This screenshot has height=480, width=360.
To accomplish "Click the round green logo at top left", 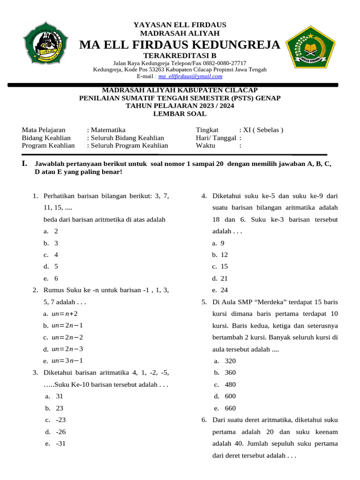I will (45, 43).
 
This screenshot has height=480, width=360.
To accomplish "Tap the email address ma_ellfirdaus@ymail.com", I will (190, 76).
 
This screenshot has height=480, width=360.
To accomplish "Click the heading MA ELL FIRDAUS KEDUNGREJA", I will (180, 45).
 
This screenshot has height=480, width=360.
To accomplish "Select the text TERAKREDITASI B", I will (180, 56).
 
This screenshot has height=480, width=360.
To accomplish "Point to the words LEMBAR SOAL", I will (180, 114).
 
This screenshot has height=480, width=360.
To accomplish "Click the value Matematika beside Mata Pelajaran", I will (108, 130).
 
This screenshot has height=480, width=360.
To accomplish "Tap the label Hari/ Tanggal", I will (216, 138).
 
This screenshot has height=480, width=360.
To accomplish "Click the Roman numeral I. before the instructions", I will (25, 164).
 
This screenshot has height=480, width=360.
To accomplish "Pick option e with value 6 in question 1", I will (56, 278).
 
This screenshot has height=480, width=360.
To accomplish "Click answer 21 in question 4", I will (224, 278).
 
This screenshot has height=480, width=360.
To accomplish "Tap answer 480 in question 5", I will (230, 384).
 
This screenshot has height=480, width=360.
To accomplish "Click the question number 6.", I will (204, 420).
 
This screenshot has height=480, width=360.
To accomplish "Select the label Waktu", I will (205, 146).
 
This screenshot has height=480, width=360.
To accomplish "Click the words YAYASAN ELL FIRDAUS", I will (180, 24).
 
